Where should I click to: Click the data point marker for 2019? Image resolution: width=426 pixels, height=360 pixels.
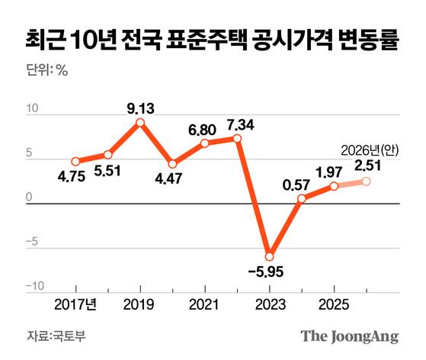click(140, 122)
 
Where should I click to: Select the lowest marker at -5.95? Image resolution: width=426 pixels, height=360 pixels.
click(269, 256)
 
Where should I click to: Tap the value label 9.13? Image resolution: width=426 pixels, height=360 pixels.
click(140, 108)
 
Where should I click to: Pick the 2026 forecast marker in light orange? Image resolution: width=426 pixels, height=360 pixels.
click(366, 181)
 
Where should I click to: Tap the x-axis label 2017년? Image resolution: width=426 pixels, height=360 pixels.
click(75, 304)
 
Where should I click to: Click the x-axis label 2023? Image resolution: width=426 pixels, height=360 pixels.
click(269, 304)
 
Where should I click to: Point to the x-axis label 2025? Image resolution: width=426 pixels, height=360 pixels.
click(334, 304)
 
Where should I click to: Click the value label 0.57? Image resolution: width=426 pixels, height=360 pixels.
click(296, 184)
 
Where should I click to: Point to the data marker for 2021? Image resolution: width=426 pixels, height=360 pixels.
click(204, 143)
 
